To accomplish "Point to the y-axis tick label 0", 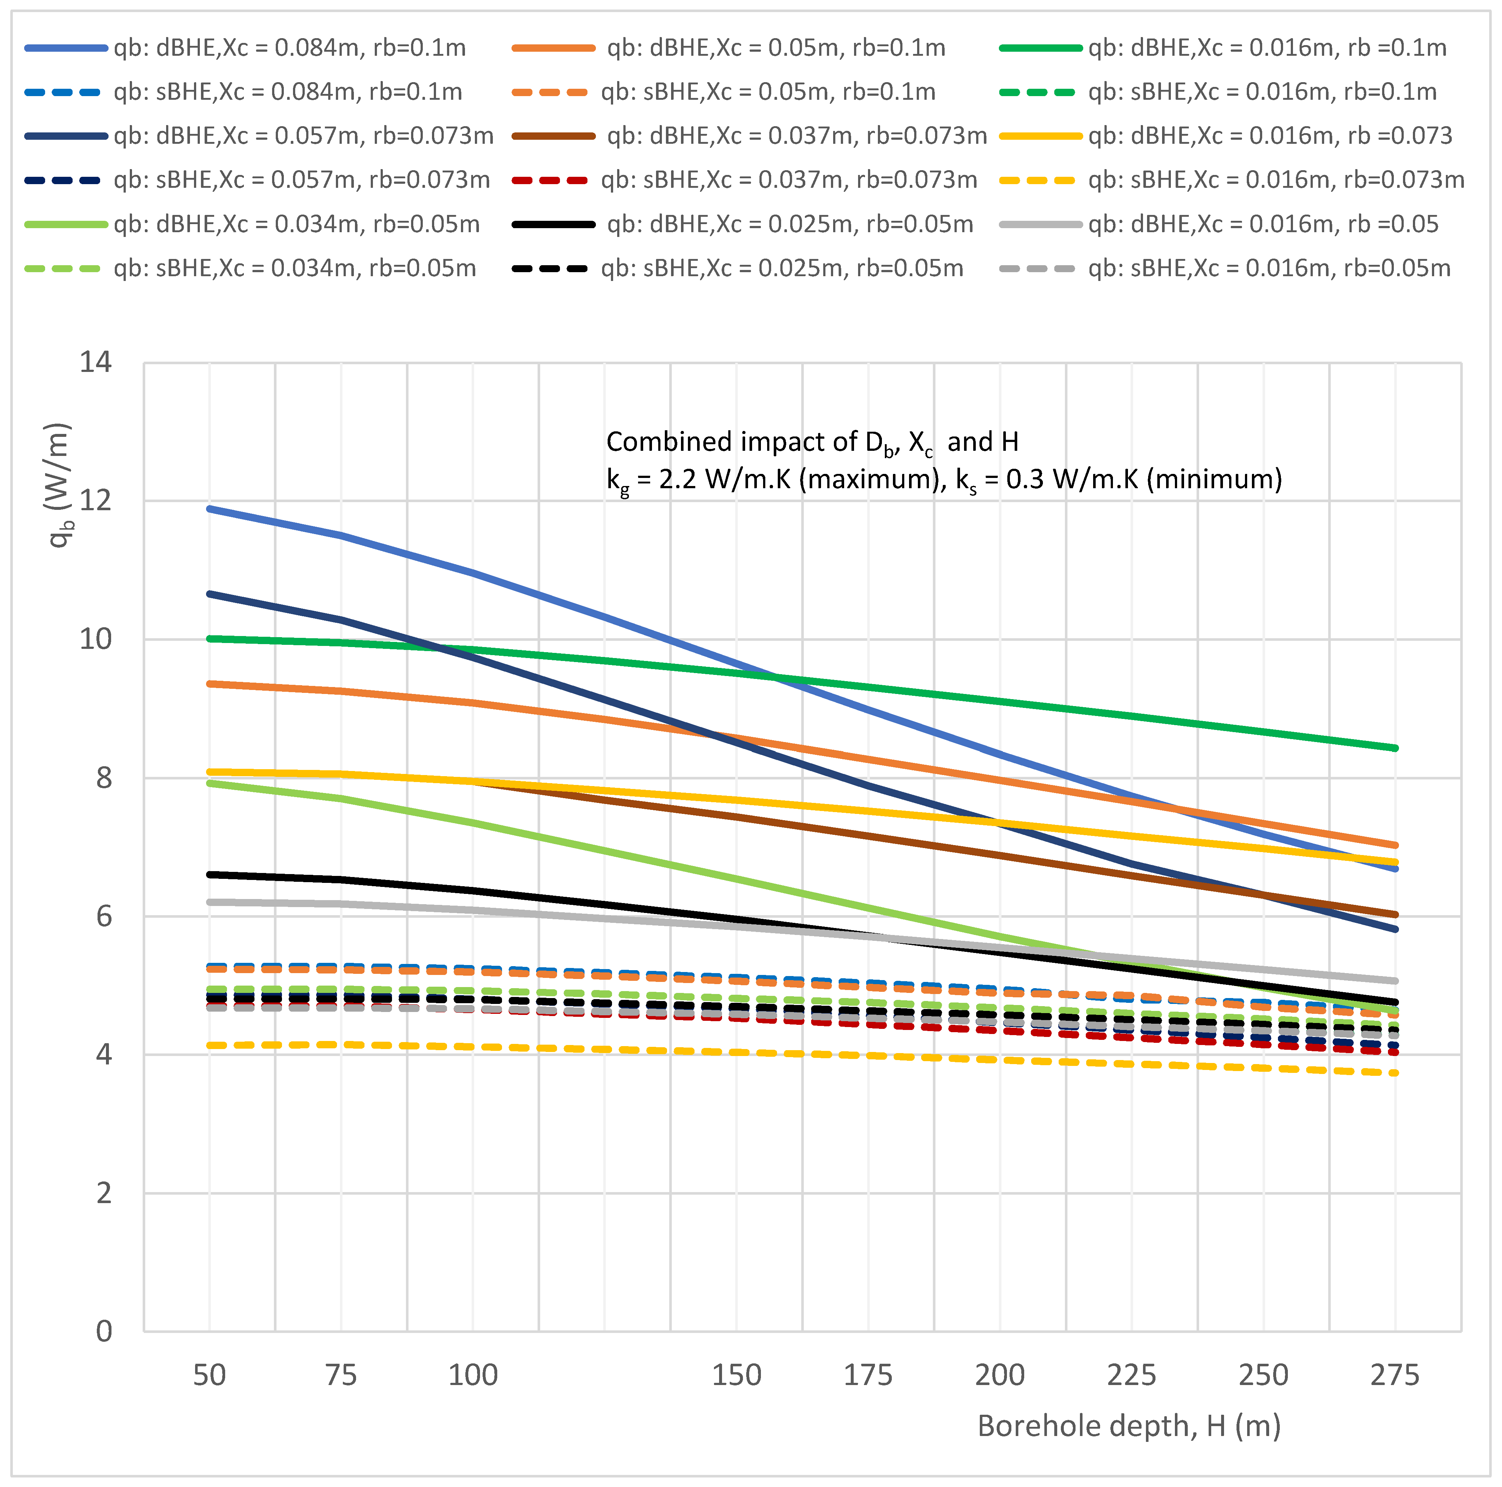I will [103, 1331].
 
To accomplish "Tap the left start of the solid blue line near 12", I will [210, 509].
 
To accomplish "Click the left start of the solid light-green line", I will [210, 783].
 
